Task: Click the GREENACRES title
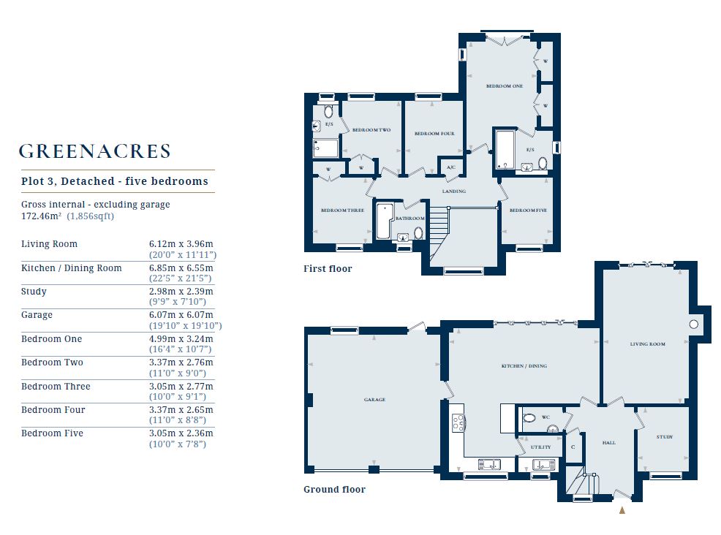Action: coord(95,151)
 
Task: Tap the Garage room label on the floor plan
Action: coord(374,399)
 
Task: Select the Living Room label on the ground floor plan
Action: coord(647,344)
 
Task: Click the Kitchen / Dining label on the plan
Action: coord(524,366)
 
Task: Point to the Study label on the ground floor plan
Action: coord(665,436)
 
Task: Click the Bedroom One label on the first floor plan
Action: coord(505,86)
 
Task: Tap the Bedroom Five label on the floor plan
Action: coord(528,210)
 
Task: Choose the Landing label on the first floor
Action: coord(454,191)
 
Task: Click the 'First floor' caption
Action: coord(328,268)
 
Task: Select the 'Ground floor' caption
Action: coord(334,489)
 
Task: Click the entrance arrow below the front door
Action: coord(622,509)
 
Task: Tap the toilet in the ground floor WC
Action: coord(529,418)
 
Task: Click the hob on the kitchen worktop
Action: coord(458,423)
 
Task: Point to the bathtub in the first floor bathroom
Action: coord(383,221)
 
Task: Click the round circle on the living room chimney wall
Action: coord(693,324)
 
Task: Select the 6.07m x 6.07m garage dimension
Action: coord(181,315)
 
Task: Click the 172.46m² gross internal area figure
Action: coord(42,216)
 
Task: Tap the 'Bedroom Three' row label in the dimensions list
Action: coord(56,386)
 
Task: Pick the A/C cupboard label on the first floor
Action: coord(451,167)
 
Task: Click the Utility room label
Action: coord(540,447)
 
